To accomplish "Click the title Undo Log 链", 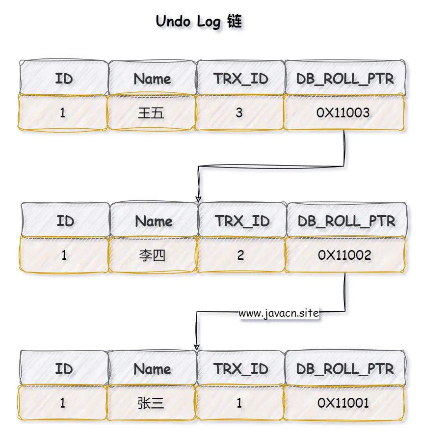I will coord(199,22).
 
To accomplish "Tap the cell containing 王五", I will coord(151,113).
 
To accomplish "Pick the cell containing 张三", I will coord(151,403).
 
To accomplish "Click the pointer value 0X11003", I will coord(343,113).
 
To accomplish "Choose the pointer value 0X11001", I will coord(343,403).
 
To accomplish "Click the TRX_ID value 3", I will coord(239,113).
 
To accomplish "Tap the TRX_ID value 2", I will coord(240,255).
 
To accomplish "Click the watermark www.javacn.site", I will coord(279,313).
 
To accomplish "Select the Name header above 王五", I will coord(152,79).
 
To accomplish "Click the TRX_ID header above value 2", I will coord(241,221).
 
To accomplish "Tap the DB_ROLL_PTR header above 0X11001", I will coord(345,369).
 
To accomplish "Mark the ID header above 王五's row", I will coord(64,79).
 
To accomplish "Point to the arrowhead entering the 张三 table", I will coord(197,347).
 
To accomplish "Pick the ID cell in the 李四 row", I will coord(64,255).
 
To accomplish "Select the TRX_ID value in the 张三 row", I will coord(239,403).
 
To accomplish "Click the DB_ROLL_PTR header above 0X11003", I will coord(345,79).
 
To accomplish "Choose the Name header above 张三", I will coord(152,369).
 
